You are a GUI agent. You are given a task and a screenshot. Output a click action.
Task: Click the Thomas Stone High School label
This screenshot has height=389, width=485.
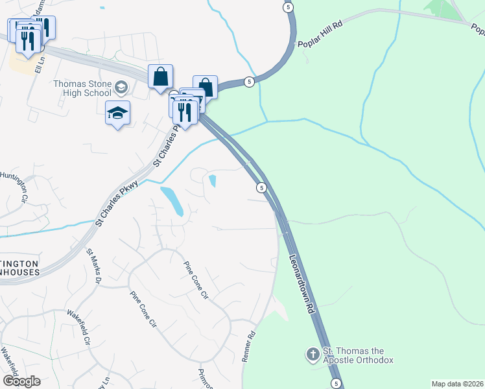click(82, 88)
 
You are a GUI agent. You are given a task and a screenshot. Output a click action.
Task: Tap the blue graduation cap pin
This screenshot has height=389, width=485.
click(117, 113)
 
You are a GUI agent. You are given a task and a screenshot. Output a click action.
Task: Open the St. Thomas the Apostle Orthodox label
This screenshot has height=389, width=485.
click(358, 355)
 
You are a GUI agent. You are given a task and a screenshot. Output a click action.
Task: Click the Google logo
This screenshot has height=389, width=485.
click(21, 381)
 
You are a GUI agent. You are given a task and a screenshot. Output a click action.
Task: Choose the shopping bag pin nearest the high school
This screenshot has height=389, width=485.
click(160, 77)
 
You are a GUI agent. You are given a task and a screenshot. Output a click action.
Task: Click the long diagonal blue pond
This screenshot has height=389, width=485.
click(172, 201)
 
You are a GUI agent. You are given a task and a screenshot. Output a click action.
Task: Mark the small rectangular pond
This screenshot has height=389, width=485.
click(213, 180)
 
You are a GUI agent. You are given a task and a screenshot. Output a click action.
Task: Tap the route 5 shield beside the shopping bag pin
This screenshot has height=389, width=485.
click(249, 82)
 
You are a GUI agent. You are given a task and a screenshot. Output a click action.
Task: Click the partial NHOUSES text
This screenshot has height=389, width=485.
click(19, 272)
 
